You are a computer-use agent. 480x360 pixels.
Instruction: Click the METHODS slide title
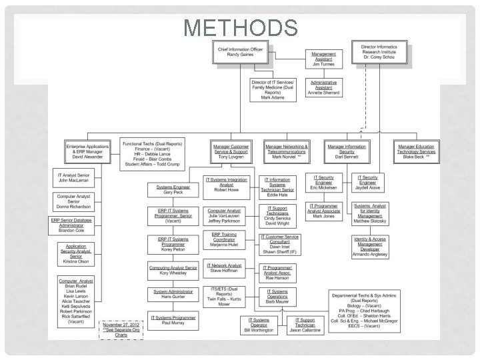click(x=240, y=28)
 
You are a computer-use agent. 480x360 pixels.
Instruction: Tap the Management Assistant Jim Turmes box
click(x=324, y=59)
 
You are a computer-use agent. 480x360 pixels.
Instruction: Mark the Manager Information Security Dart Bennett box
click(x=347, y=151)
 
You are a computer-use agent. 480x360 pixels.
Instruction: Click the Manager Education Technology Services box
click(x=416, y=151)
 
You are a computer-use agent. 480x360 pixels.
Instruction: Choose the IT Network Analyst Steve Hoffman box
click(x=224, y=268)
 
